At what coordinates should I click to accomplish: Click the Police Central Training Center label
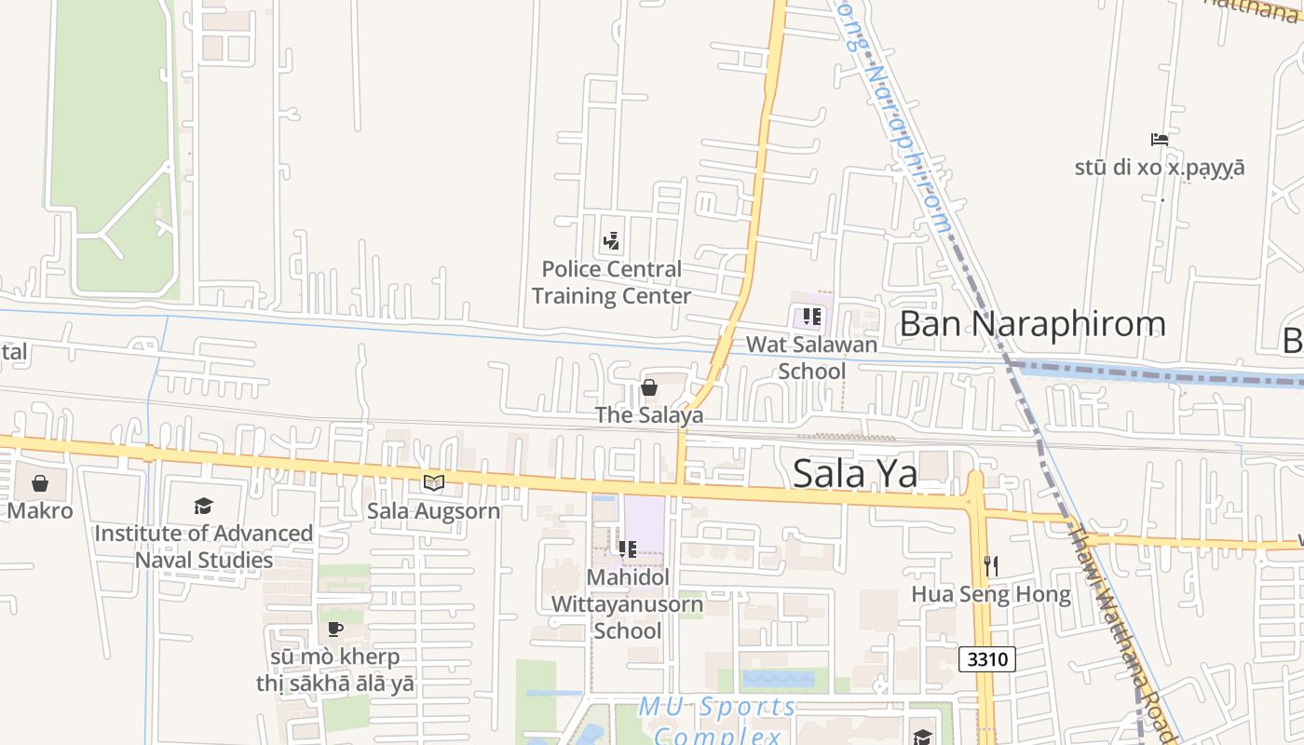coord(611,282)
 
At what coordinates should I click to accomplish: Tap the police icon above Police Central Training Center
coord(611,242)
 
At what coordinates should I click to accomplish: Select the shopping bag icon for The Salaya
coord(649,387)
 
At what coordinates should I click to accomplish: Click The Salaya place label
coord(649,415)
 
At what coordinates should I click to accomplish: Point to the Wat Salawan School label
coord(811,358)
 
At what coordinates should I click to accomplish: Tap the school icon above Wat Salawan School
coord(811,317)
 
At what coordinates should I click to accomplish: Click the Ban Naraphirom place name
coord(1032,323)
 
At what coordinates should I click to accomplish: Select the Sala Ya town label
coord(855,473)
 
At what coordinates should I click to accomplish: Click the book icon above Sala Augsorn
coord(434,482)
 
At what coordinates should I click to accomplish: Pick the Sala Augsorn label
coord(434,510)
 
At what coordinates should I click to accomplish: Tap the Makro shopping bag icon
coord(40,483)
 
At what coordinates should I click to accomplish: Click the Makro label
coord(40,510)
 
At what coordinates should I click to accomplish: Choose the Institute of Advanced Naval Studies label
coord(203,547)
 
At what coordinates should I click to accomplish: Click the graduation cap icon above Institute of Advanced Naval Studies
coord(203,506)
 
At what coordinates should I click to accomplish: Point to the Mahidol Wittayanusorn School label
coord(627,603)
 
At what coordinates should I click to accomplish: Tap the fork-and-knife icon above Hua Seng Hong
coord(991,565)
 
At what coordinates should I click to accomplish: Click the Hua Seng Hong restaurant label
coord(991,594)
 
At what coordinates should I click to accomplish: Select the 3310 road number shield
coord(987,659)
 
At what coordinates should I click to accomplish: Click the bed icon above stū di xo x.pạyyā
coord(1160,140)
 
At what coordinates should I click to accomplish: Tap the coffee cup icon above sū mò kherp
coord(335,630)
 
